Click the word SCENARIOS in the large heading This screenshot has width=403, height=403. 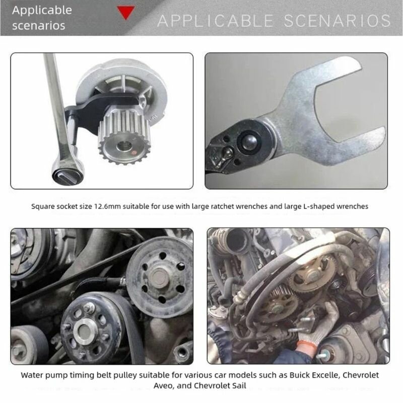coord(337,21)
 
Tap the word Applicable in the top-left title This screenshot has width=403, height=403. coord(42,11)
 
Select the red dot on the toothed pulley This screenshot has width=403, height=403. coord(133,153)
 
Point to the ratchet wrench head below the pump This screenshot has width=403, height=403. coord(68,171)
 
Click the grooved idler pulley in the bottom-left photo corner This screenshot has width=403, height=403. coord(29,345)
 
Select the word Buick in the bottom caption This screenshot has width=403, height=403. coord(300,375)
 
